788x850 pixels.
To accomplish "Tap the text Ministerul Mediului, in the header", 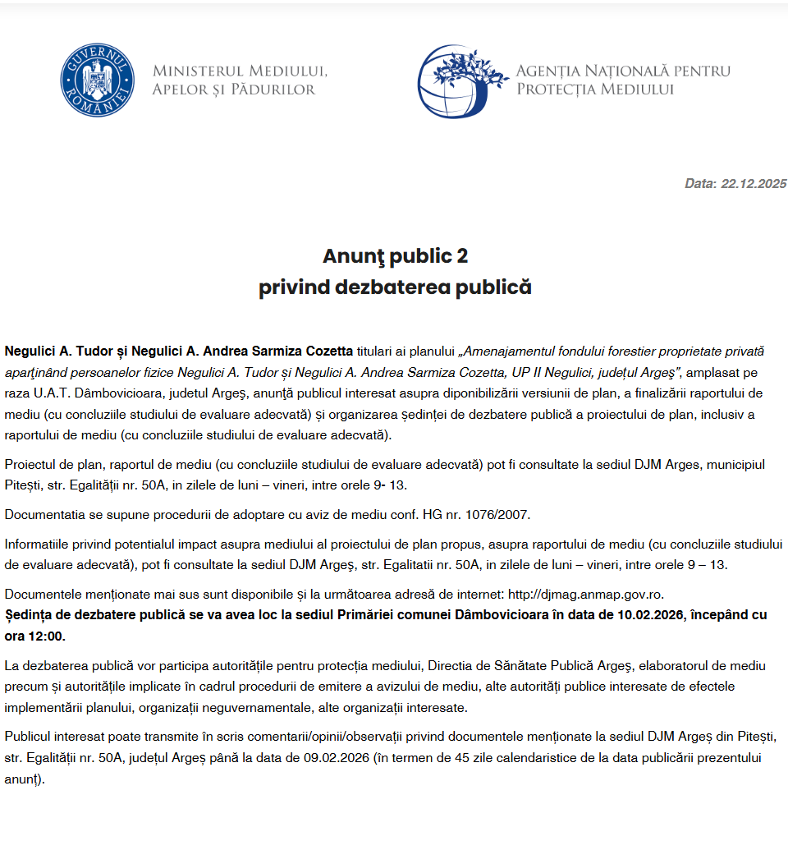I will [x=240, y=71].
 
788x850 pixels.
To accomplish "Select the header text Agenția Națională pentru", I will [x=623, y=71].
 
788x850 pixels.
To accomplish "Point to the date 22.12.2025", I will [x=754, y=184].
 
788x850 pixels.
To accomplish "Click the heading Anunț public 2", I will [x=395, y=256].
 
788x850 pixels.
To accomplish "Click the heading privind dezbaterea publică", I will [x=395, y=287].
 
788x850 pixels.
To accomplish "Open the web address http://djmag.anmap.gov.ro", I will [x=586, y=595].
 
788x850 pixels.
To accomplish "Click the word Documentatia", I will [x=42, y=515].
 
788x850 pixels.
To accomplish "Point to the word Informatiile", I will [x=38, y=544].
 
